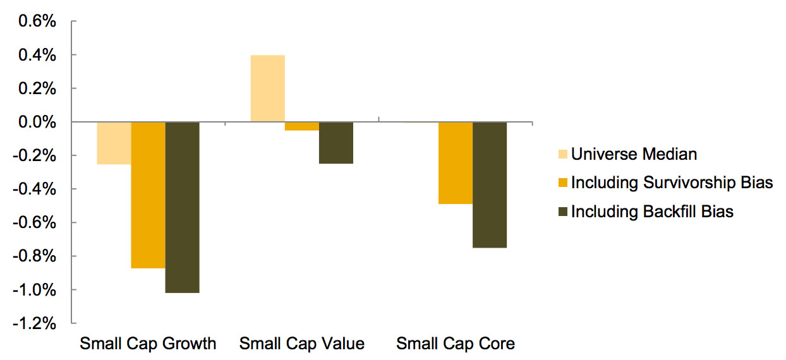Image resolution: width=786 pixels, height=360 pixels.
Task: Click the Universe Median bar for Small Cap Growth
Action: pos(114,143)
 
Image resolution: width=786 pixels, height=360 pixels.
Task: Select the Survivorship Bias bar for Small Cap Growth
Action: pos(148,195)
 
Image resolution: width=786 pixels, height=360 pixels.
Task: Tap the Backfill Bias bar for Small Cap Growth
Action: pos(182,207)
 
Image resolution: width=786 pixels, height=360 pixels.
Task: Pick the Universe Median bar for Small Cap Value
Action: pos(267,88)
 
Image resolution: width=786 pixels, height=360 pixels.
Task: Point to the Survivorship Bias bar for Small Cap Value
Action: pos(301,126)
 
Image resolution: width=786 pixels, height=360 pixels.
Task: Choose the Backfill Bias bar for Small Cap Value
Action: pos(336,143)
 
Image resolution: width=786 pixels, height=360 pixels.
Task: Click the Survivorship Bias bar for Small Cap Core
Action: pos(455,163)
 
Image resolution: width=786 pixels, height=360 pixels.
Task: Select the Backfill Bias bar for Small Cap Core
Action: pos(489,184)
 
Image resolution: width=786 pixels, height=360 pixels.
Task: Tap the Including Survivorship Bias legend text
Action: pos(672,183)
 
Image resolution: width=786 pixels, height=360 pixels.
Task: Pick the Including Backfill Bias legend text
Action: pos(652,212)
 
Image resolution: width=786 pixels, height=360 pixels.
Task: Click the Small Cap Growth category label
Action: pos(148,344)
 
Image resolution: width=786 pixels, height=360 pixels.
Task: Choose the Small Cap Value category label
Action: pos(301,344)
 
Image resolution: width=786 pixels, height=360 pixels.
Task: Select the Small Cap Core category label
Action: pos(455,344)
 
